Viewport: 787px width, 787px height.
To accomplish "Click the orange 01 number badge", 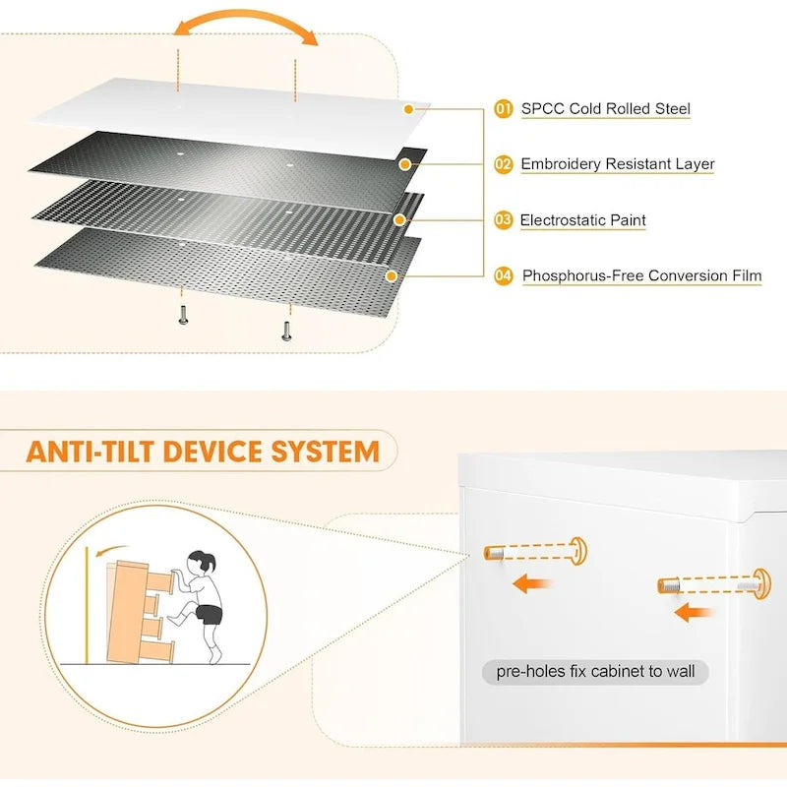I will coord(504,109).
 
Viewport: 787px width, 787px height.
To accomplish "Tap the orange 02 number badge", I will coord(504,164).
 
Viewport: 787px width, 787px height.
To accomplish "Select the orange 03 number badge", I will coord(504,220).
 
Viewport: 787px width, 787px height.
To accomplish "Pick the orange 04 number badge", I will coord(504,276).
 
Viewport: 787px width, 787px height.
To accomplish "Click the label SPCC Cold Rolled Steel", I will coord(606,109).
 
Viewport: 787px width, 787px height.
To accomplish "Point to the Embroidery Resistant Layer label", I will coord(618,164).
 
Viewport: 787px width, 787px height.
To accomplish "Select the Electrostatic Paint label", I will coord(583,220).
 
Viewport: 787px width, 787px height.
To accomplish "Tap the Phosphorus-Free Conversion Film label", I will coord(641,276).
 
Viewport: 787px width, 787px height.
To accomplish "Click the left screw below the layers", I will coord(183,314).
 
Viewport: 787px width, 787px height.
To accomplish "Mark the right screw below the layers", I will coord(286,330).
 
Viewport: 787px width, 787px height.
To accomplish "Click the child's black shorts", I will coord(209,615).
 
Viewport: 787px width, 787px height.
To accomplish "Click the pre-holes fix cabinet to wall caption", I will coord(595,673).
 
